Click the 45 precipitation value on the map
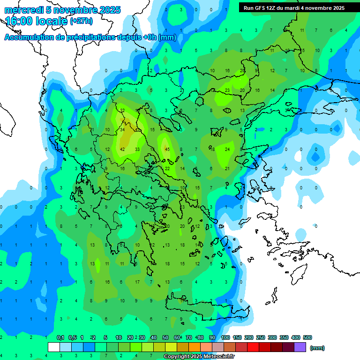pyautogui.click(x=167, y=150)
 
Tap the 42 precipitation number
pyautogui.click(x=122, y=150)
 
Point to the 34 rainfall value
pyautogui.click(x=122, y=130)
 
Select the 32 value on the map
pyautogui.click(x=122, y=111)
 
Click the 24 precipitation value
pyautogui.click(x=227, y=150)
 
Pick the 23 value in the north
pyautogui.click(x=227, y=90)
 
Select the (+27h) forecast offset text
pyautogui.click(x=81, y=21)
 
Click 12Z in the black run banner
pyautogui.click(x=273, y=8)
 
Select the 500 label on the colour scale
pyautogui.click(x=307, y=338)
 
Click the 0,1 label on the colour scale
pyautogui.click(x=60, y=338)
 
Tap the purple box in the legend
pyautogui.click(x=300, y=347)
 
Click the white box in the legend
pyautogui.click(x=54, y=347)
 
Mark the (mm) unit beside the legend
pyautogui.click(x=317, y=348)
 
